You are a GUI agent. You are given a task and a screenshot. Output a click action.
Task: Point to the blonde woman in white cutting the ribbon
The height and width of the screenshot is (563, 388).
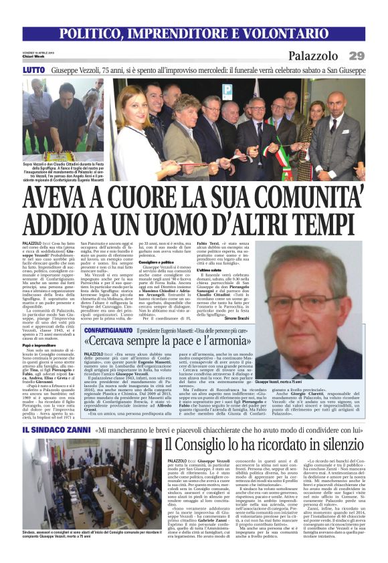click(131, 130)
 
